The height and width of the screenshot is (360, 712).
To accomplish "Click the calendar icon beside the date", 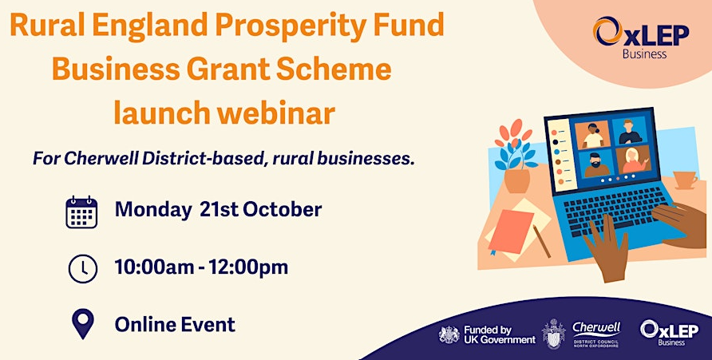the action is coord(81,212).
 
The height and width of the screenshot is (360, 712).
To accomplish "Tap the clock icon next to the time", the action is coord(83,269).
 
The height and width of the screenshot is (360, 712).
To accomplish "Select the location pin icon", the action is coord(83,324).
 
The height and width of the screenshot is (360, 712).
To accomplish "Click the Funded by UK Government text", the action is coord(500,334).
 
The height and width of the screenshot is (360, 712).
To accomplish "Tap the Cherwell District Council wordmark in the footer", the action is coord(596,334).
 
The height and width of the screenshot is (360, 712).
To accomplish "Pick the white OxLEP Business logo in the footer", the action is coord(670,333).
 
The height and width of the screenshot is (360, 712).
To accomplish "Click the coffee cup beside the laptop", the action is coord(685,180).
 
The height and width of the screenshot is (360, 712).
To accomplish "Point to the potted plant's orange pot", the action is coord(516,180).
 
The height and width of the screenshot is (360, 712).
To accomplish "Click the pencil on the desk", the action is coord(542,241).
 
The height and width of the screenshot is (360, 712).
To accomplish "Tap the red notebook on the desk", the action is coord(510,231).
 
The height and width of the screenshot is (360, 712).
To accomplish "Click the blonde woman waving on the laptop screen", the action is coord(634,160).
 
